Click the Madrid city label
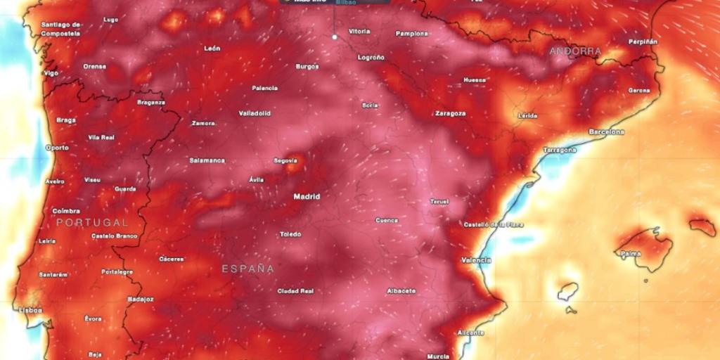click(307, 196)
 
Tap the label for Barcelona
click(607, 131)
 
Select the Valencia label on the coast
click(476, 260)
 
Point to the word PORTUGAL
click(93, 222)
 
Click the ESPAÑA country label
click(248, 269)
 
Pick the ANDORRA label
click(576, 51)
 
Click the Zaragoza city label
click(451, 112)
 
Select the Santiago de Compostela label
click(60, 28)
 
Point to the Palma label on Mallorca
click(631, 253)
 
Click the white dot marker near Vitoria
click(335, 37)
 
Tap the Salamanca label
click(207, 160)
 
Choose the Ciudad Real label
click(295, 290)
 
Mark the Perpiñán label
click(643, 42)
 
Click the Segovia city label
click(285, 160)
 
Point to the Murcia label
click(437, 356)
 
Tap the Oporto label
click(57, 148)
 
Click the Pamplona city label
click(412, 33)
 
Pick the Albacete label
click(401, 290)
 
